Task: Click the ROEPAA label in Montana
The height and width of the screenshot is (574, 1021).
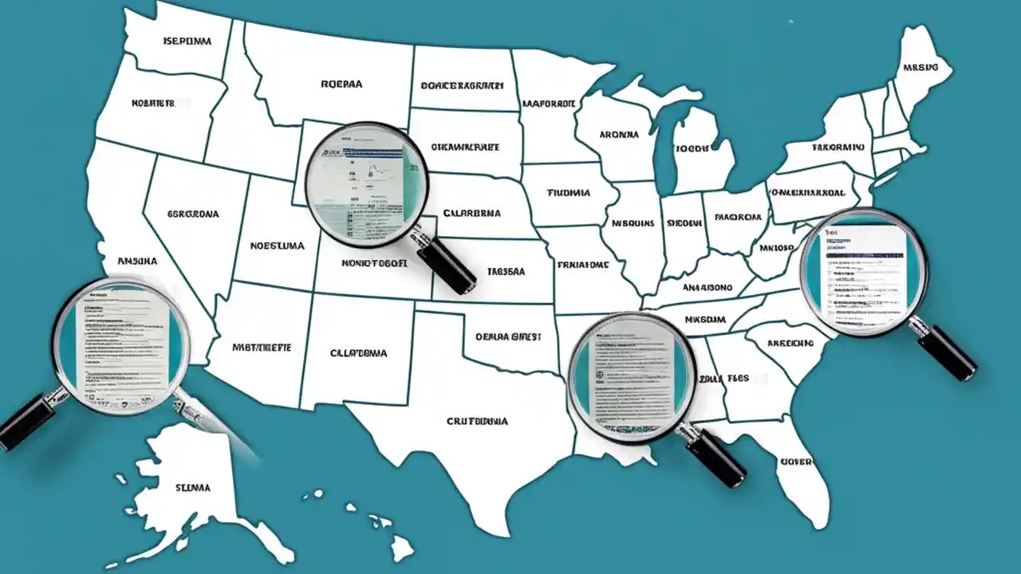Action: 341,83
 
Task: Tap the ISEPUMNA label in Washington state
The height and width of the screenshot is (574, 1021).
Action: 187,40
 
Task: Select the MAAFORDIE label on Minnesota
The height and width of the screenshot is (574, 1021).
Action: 549,104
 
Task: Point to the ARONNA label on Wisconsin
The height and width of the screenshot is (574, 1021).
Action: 618,135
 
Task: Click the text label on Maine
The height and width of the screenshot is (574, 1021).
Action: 920,68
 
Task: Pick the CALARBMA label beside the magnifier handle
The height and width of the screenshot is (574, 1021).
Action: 471,214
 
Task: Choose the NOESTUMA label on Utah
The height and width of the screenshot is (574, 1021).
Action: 277,246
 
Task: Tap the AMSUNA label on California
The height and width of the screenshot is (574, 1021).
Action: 137,261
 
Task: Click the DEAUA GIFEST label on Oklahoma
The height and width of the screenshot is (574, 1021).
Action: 508,337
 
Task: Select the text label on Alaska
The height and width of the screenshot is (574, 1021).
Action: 192,487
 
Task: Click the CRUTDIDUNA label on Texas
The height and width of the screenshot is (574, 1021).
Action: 477,421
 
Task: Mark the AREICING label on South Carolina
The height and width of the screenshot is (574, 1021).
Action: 790,344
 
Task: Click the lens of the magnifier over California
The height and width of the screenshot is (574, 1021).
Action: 120,344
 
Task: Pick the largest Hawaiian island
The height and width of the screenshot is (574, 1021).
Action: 402,548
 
